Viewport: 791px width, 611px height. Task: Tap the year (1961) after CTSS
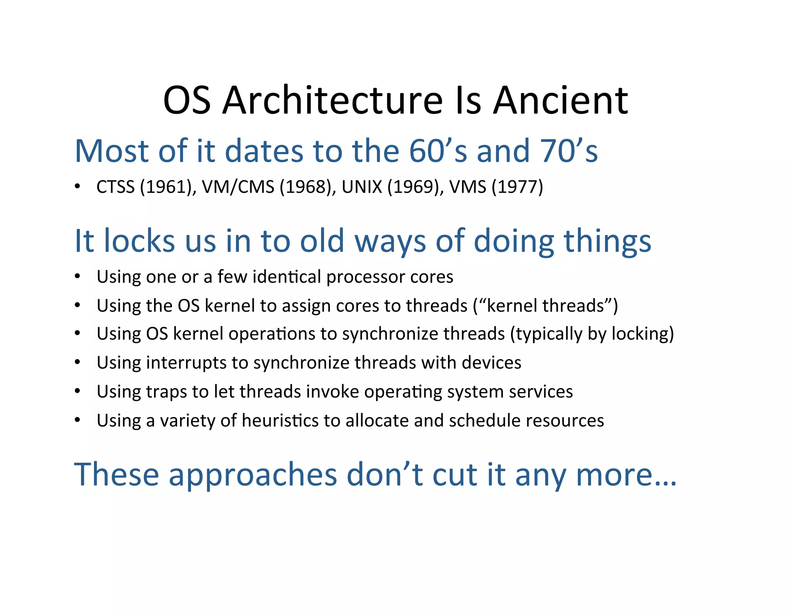[167, 187]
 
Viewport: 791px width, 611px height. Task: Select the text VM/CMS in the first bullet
[238, 187]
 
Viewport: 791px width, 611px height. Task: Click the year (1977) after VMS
[517, 187]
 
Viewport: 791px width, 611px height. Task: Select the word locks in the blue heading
[141, 241]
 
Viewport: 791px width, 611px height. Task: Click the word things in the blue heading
[607, 242]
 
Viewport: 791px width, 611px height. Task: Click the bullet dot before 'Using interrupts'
[78, 363]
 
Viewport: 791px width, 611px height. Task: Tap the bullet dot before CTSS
[78, 187]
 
